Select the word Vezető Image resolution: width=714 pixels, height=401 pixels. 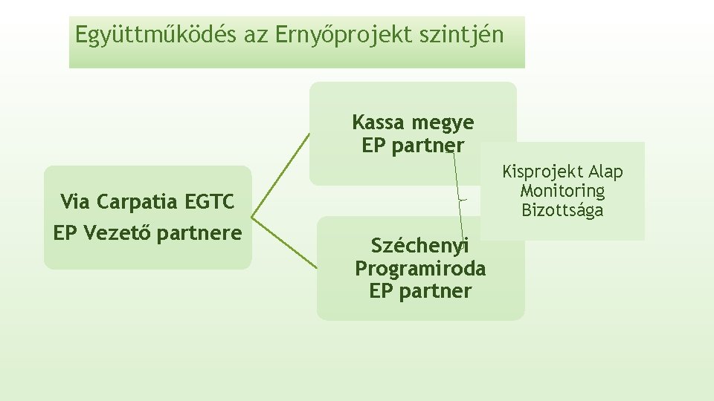[x=118, y=233]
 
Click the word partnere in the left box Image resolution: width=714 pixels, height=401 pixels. [x=199, y=233]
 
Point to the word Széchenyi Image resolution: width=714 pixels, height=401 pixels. [x=420, y=245]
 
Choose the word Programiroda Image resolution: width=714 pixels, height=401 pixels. [x=420, y=268]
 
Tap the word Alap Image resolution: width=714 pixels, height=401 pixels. [x=603, y=172]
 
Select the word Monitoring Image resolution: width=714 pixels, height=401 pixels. [x=562, y=192]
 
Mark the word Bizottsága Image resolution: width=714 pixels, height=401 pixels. [x=562, y=211]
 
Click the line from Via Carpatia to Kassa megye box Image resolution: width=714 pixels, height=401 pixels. [x=280, y=175]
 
